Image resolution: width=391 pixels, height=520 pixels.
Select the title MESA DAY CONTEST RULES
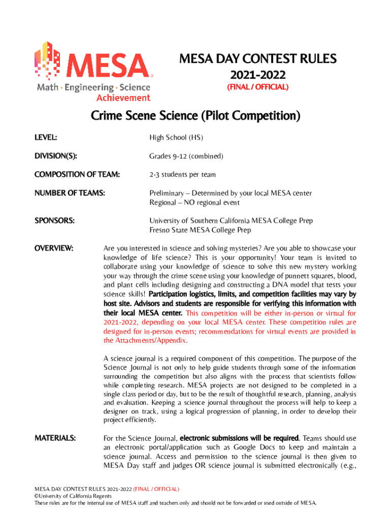(257, 59)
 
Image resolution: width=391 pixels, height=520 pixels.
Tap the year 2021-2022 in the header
(257, 75)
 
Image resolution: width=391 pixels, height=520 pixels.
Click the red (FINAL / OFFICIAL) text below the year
(257, 87)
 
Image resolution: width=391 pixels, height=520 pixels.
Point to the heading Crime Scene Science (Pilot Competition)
(195, 116)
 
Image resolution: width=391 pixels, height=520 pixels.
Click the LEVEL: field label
(45, 137)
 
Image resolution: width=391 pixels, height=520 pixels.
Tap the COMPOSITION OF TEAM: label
(77, 175)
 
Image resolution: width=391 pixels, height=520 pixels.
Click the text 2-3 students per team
(182, 175)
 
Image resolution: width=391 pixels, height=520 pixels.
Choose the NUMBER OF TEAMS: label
(72, 193)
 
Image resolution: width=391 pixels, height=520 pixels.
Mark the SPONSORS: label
(54, 221)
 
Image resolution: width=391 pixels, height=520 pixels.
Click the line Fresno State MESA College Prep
(200, 230)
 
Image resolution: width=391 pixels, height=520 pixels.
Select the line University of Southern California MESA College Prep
(231, 221)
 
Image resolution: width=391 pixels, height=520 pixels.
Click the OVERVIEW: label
(54, 248)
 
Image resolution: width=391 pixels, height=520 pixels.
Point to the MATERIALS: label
(55, 437)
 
